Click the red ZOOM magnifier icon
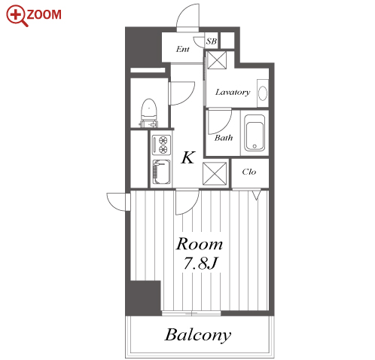17,16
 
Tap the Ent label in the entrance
182,49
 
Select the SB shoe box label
212,41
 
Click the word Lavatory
233,92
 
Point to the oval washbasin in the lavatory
263,93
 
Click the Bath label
224,138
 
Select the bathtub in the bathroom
255,133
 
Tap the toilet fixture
149,112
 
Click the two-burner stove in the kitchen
162,145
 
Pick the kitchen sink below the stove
162,172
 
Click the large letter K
188,157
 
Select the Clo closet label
249,172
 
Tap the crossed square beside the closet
215,174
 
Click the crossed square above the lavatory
217,60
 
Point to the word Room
199,244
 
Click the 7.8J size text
200,263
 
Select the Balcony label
198,335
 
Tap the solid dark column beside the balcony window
143,297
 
